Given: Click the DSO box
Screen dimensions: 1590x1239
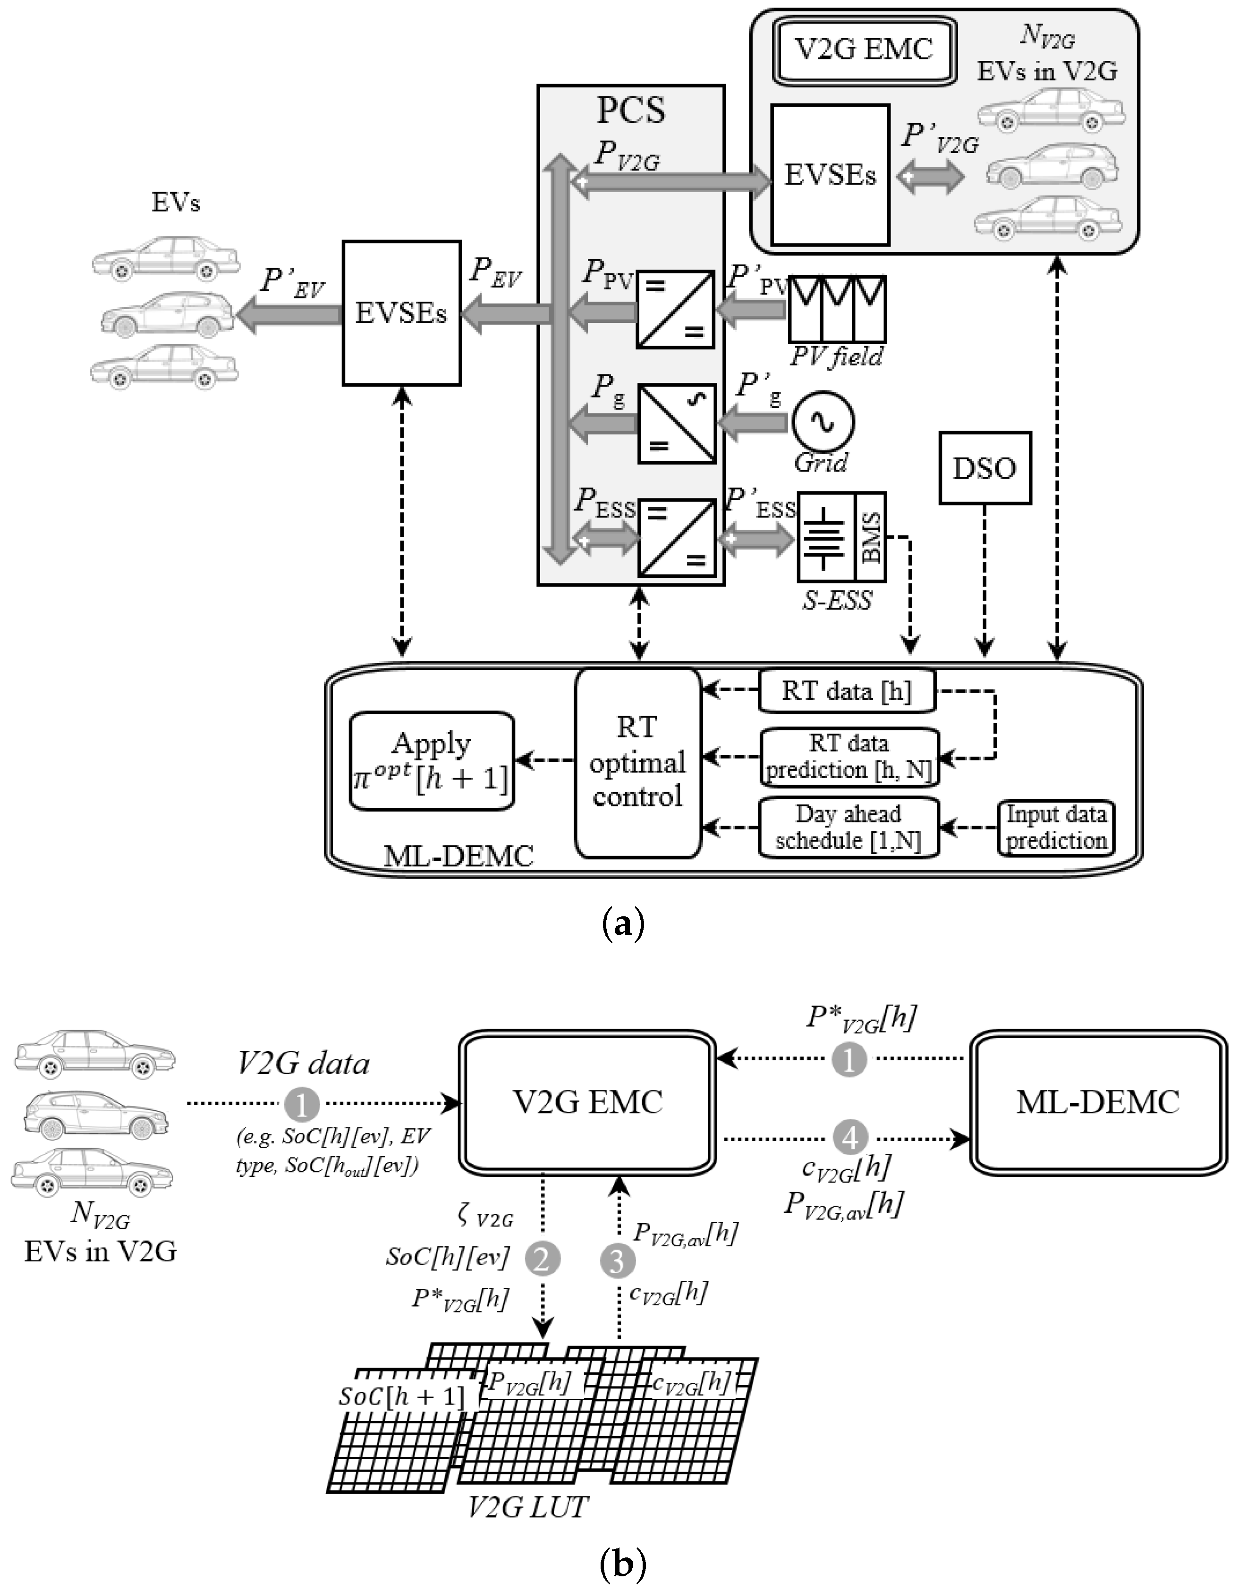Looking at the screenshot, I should click(984, 467).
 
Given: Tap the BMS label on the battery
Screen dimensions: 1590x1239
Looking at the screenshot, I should click(871, 537).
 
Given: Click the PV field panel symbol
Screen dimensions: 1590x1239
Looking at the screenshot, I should click(837, 309).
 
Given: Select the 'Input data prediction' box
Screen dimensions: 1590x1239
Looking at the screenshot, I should click(1055, 827).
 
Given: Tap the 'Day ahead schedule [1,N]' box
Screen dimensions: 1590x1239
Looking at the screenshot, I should click(848, 827).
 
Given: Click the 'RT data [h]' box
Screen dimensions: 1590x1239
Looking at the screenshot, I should click(847, 690).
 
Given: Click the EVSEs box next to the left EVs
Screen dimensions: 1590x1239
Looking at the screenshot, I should click(401, 313).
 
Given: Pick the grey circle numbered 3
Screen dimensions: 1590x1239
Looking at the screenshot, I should click(617, 1260).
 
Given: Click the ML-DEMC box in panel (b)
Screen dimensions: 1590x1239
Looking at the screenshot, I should click(1098, 1102).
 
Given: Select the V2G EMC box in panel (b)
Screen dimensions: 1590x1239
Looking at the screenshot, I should click(587, 1102).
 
